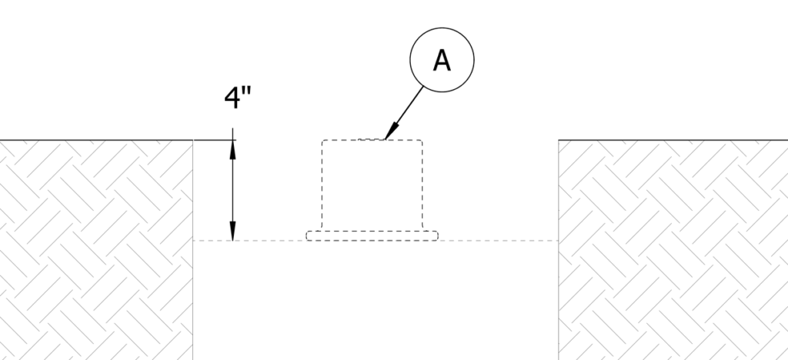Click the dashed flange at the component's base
tap(372, 235)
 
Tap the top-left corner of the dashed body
tap(322, 141)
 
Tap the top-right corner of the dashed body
tap(422, 141)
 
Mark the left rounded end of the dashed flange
tap(307, 235)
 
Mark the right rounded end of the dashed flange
tap(438, 235)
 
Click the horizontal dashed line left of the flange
tap(250, 241)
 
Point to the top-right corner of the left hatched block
tap(192, 140)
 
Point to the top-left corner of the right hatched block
tap(559, 140)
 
